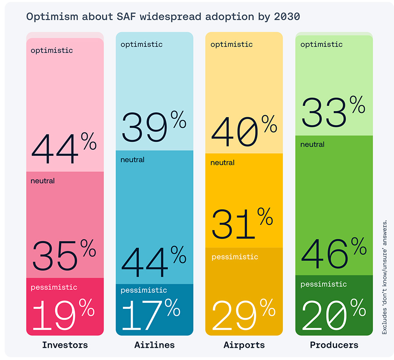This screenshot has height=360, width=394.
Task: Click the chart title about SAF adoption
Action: (x=163, y=17)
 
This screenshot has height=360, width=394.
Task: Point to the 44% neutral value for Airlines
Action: (x=153, y=262)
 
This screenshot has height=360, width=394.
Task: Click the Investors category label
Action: (x=65, y=345)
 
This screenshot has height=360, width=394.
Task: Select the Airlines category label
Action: (x=154, y=345)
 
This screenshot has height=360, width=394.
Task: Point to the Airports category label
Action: (x=244, y=345)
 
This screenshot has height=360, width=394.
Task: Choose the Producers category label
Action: (x=334, y=345)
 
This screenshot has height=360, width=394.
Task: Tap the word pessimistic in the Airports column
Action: (x=235, y=257)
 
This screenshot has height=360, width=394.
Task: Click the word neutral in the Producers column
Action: (x=312, y=144)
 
